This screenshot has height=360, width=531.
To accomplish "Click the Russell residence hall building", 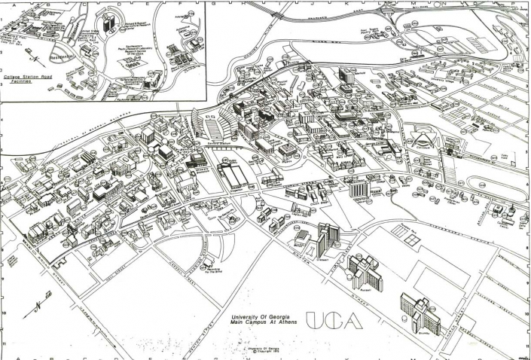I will [365, 270].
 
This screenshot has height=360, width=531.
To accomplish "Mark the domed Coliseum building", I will [420, 141].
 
